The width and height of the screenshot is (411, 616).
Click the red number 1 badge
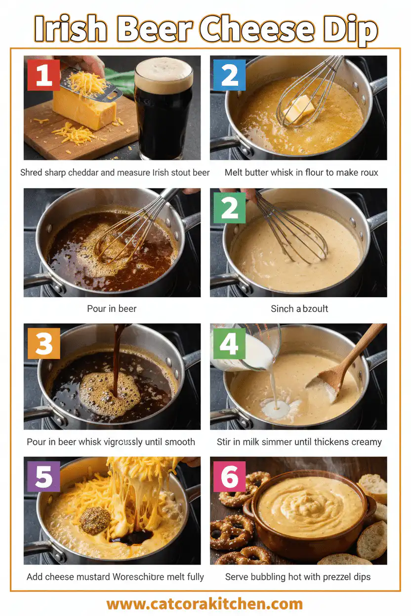point(43,75)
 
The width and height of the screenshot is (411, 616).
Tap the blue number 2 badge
point(230,75)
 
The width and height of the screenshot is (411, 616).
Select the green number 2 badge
point(230,208)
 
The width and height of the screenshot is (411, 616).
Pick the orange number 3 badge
point(43,343)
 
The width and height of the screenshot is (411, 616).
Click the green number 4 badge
point(229,343)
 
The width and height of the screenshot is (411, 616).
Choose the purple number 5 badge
point(43,477)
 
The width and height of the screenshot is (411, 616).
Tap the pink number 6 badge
point(230,477)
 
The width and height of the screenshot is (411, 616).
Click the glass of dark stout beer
point(164,111)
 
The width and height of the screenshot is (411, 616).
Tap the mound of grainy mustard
point(95,520)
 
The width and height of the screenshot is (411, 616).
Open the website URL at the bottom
point(205,604)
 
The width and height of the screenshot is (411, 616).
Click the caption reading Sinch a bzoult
point(299,308)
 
